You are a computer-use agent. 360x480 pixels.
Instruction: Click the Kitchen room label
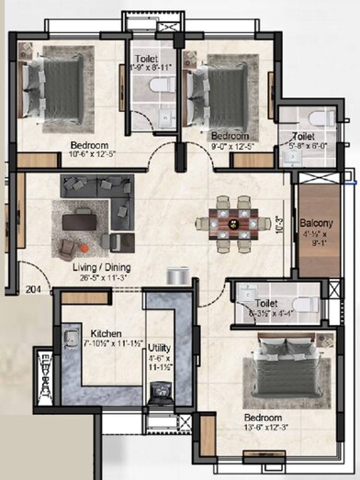click(107, 333)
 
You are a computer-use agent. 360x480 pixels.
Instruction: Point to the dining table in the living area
click(231, 220)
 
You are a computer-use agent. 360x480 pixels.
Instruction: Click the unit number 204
click(33, 287)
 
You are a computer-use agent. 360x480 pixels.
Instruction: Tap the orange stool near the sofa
click(83, 247)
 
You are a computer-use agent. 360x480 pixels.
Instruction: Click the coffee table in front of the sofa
click(81, 220)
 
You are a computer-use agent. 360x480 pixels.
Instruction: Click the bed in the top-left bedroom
click(53, 87)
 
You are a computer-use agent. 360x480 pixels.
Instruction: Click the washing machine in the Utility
click(161, 396)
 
